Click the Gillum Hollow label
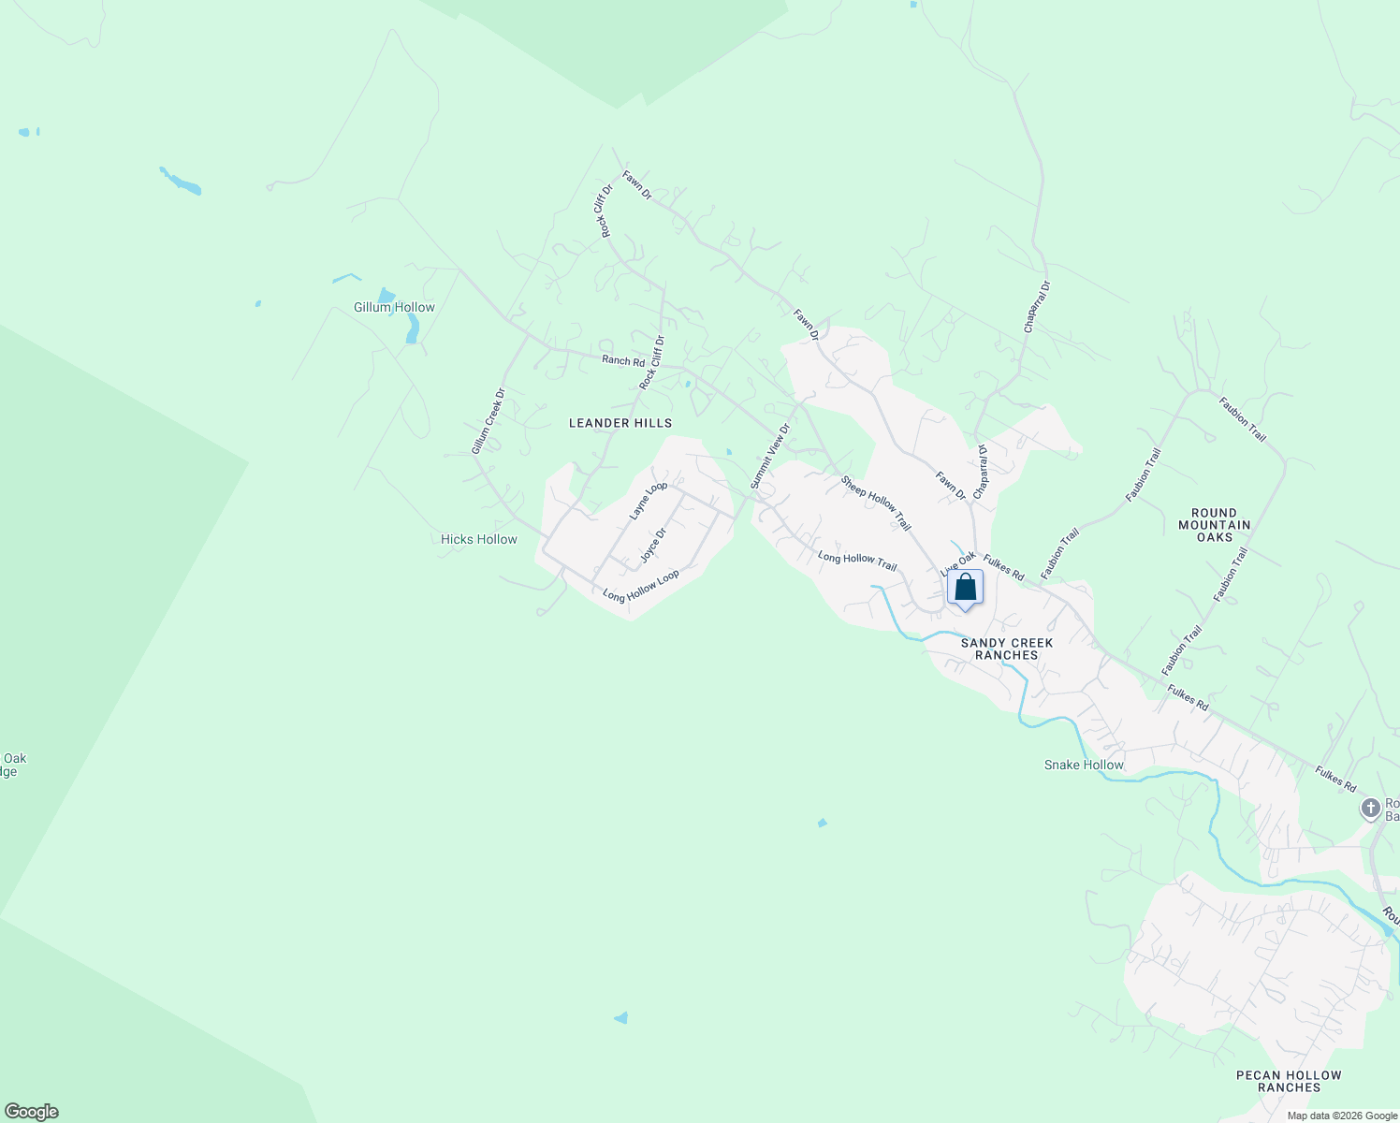[394, 307]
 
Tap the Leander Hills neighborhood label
[620, 423]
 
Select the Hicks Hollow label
[478, 539]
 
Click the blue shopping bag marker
[965, 589]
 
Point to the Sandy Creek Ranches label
[1006, 649]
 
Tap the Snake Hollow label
[1084, 765]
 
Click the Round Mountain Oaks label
[1215, 525]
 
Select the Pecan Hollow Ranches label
[1289, 1081]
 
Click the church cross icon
[1371, 808]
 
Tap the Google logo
[31, 1112]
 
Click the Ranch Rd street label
[623, 360]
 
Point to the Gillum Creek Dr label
[488, 421]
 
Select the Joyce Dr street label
[653, 546]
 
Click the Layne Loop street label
[648, 501]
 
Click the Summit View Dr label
[770, 456]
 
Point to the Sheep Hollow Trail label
[875, 503]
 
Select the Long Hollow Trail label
[856, 561]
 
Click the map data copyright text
[1341, 1115]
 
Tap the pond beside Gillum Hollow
[412, 328]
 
